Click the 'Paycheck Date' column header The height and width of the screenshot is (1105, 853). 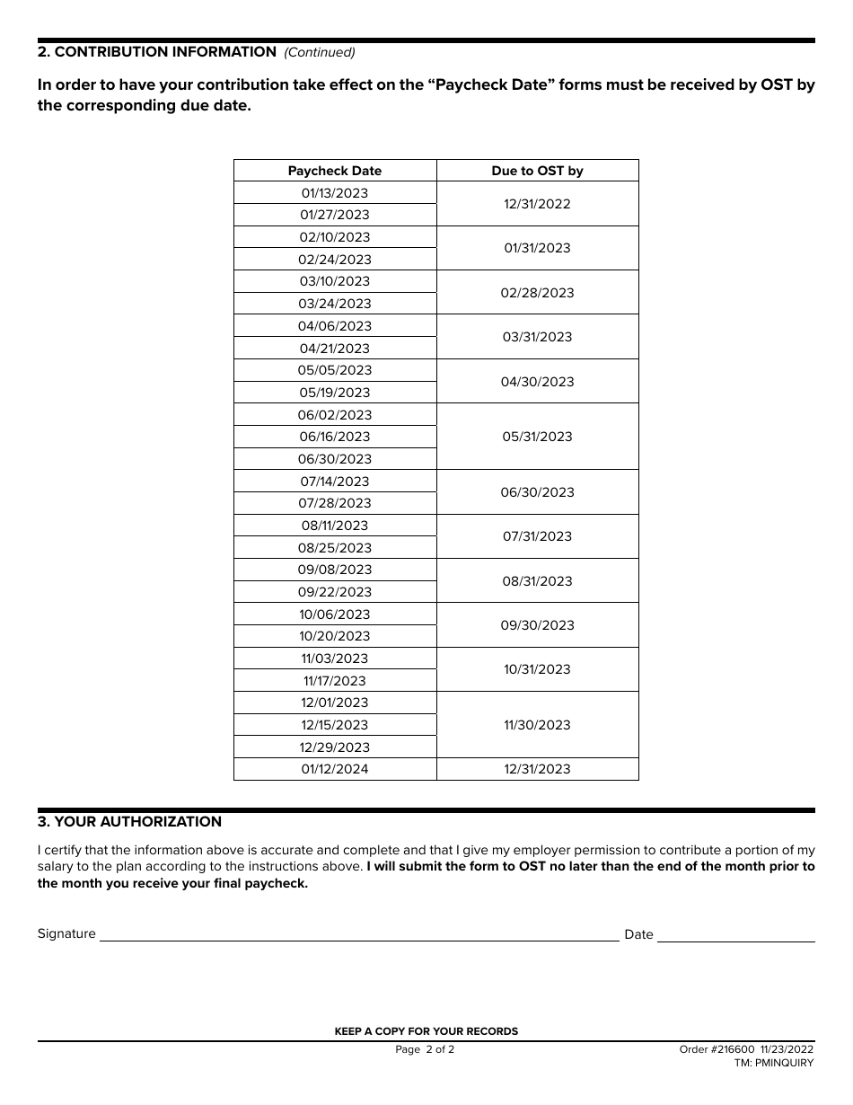click(335, 171)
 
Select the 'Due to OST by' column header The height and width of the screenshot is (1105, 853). click(537, 171)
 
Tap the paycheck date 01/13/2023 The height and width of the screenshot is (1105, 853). click(335, 193)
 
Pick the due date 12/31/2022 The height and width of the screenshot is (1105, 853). click(537, 204)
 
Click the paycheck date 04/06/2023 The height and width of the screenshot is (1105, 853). click(335, 326)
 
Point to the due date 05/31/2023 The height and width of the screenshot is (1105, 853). click(537, 437)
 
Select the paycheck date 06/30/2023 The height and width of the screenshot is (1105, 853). click(335, 459)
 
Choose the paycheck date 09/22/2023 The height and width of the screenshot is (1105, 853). click(335, 592)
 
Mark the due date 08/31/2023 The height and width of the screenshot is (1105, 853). click(537, 581)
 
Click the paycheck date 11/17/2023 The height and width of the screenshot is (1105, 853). click(335, 681)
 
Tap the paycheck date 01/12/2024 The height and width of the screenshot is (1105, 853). click(335, 769)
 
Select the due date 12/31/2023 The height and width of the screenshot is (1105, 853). click(537, 769)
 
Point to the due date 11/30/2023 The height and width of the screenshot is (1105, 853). click(537, 725)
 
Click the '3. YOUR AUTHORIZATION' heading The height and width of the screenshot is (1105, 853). click(129, 822)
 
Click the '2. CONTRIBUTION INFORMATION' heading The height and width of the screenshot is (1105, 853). click(157, 52)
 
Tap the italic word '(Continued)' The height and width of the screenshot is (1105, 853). click(320, 52)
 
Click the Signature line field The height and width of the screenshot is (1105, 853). click(358, 934)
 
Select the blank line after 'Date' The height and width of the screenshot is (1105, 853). click(736, 934)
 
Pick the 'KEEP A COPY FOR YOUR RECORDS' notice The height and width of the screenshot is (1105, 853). click(426, 1031)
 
